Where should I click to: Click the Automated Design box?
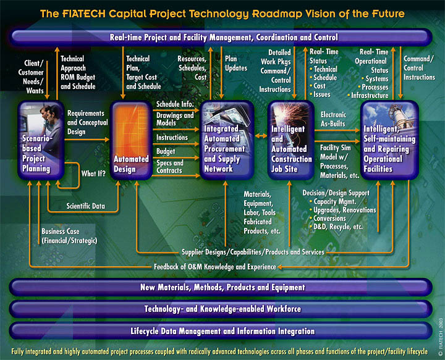coord(131,140)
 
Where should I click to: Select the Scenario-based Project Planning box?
coord(41,140)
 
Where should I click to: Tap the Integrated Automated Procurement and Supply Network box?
coord(227,140)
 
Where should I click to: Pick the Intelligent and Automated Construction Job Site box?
coord(291,140)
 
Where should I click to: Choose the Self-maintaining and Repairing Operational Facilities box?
coord(389,140)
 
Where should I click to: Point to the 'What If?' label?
coord(93,174)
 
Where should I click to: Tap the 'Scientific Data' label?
coord(86,206)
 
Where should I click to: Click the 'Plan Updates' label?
coord(236,63)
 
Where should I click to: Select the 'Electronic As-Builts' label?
coord(333,119)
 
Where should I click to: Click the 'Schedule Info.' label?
coord(175,104)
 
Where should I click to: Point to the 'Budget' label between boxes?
coord(166,151)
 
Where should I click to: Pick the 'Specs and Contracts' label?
coord(170,167)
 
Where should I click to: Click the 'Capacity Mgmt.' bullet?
coord(333,202)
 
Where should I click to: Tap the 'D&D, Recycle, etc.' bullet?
coord(336,227)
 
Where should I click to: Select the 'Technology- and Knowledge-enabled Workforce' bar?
coord(221,309)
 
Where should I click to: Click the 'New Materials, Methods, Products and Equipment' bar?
coord(221,287)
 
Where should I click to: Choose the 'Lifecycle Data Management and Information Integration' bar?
coord(221,331)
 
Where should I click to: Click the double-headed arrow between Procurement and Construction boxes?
coord(261,136)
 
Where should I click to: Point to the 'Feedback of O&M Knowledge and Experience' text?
coord(215,267)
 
